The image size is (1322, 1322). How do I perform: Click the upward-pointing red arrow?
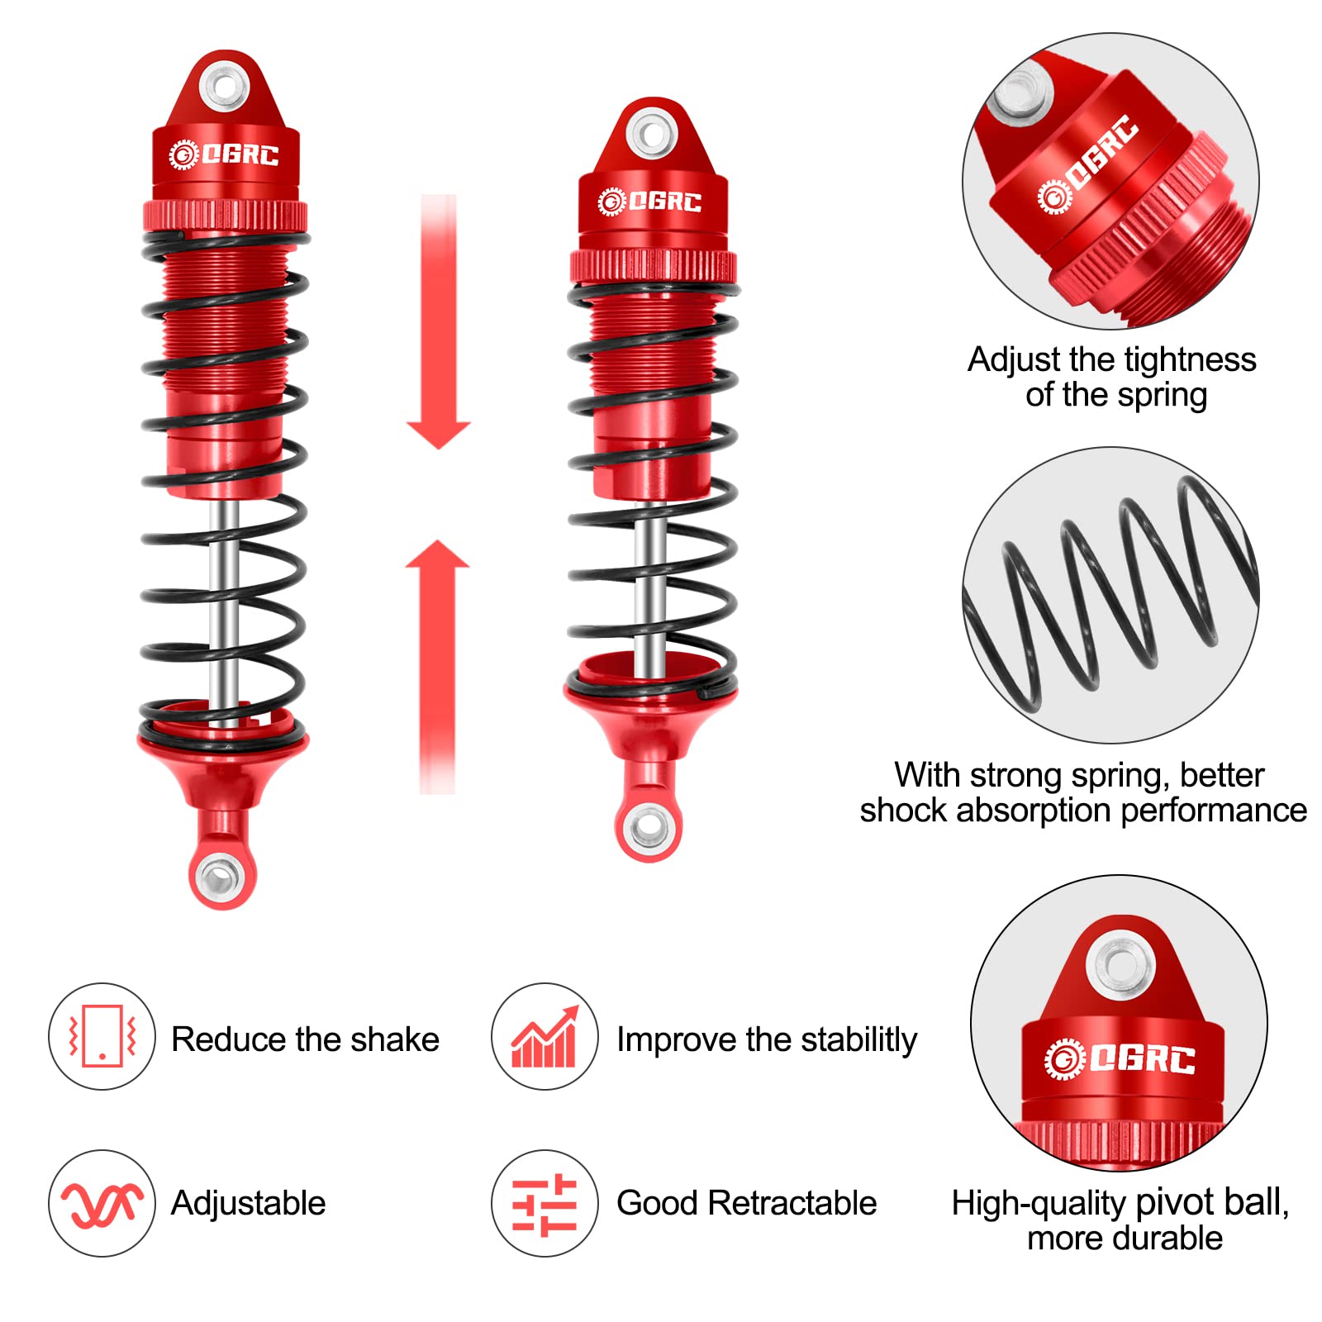[437, 661]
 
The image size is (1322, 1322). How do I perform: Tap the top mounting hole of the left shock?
[226, 86]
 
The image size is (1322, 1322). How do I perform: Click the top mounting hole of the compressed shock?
[652, 133]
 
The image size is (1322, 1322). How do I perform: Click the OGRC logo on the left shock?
[225, 155]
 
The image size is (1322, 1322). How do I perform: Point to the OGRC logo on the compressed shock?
[650, 202]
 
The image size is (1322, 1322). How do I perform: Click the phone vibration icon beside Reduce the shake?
[102, 1036]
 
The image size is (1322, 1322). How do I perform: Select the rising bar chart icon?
[544, 1038]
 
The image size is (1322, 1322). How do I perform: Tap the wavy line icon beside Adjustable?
[102, 1203]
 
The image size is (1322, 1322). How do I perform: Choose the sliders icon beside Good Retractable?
[544, 1205]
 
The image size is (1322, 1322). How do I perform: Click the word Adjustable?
[248, 1204]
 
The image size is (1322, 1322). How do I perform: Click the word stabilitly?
[858, 1039]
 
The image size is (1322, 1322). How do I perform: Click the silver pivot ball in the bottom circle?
[1120, 964]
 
